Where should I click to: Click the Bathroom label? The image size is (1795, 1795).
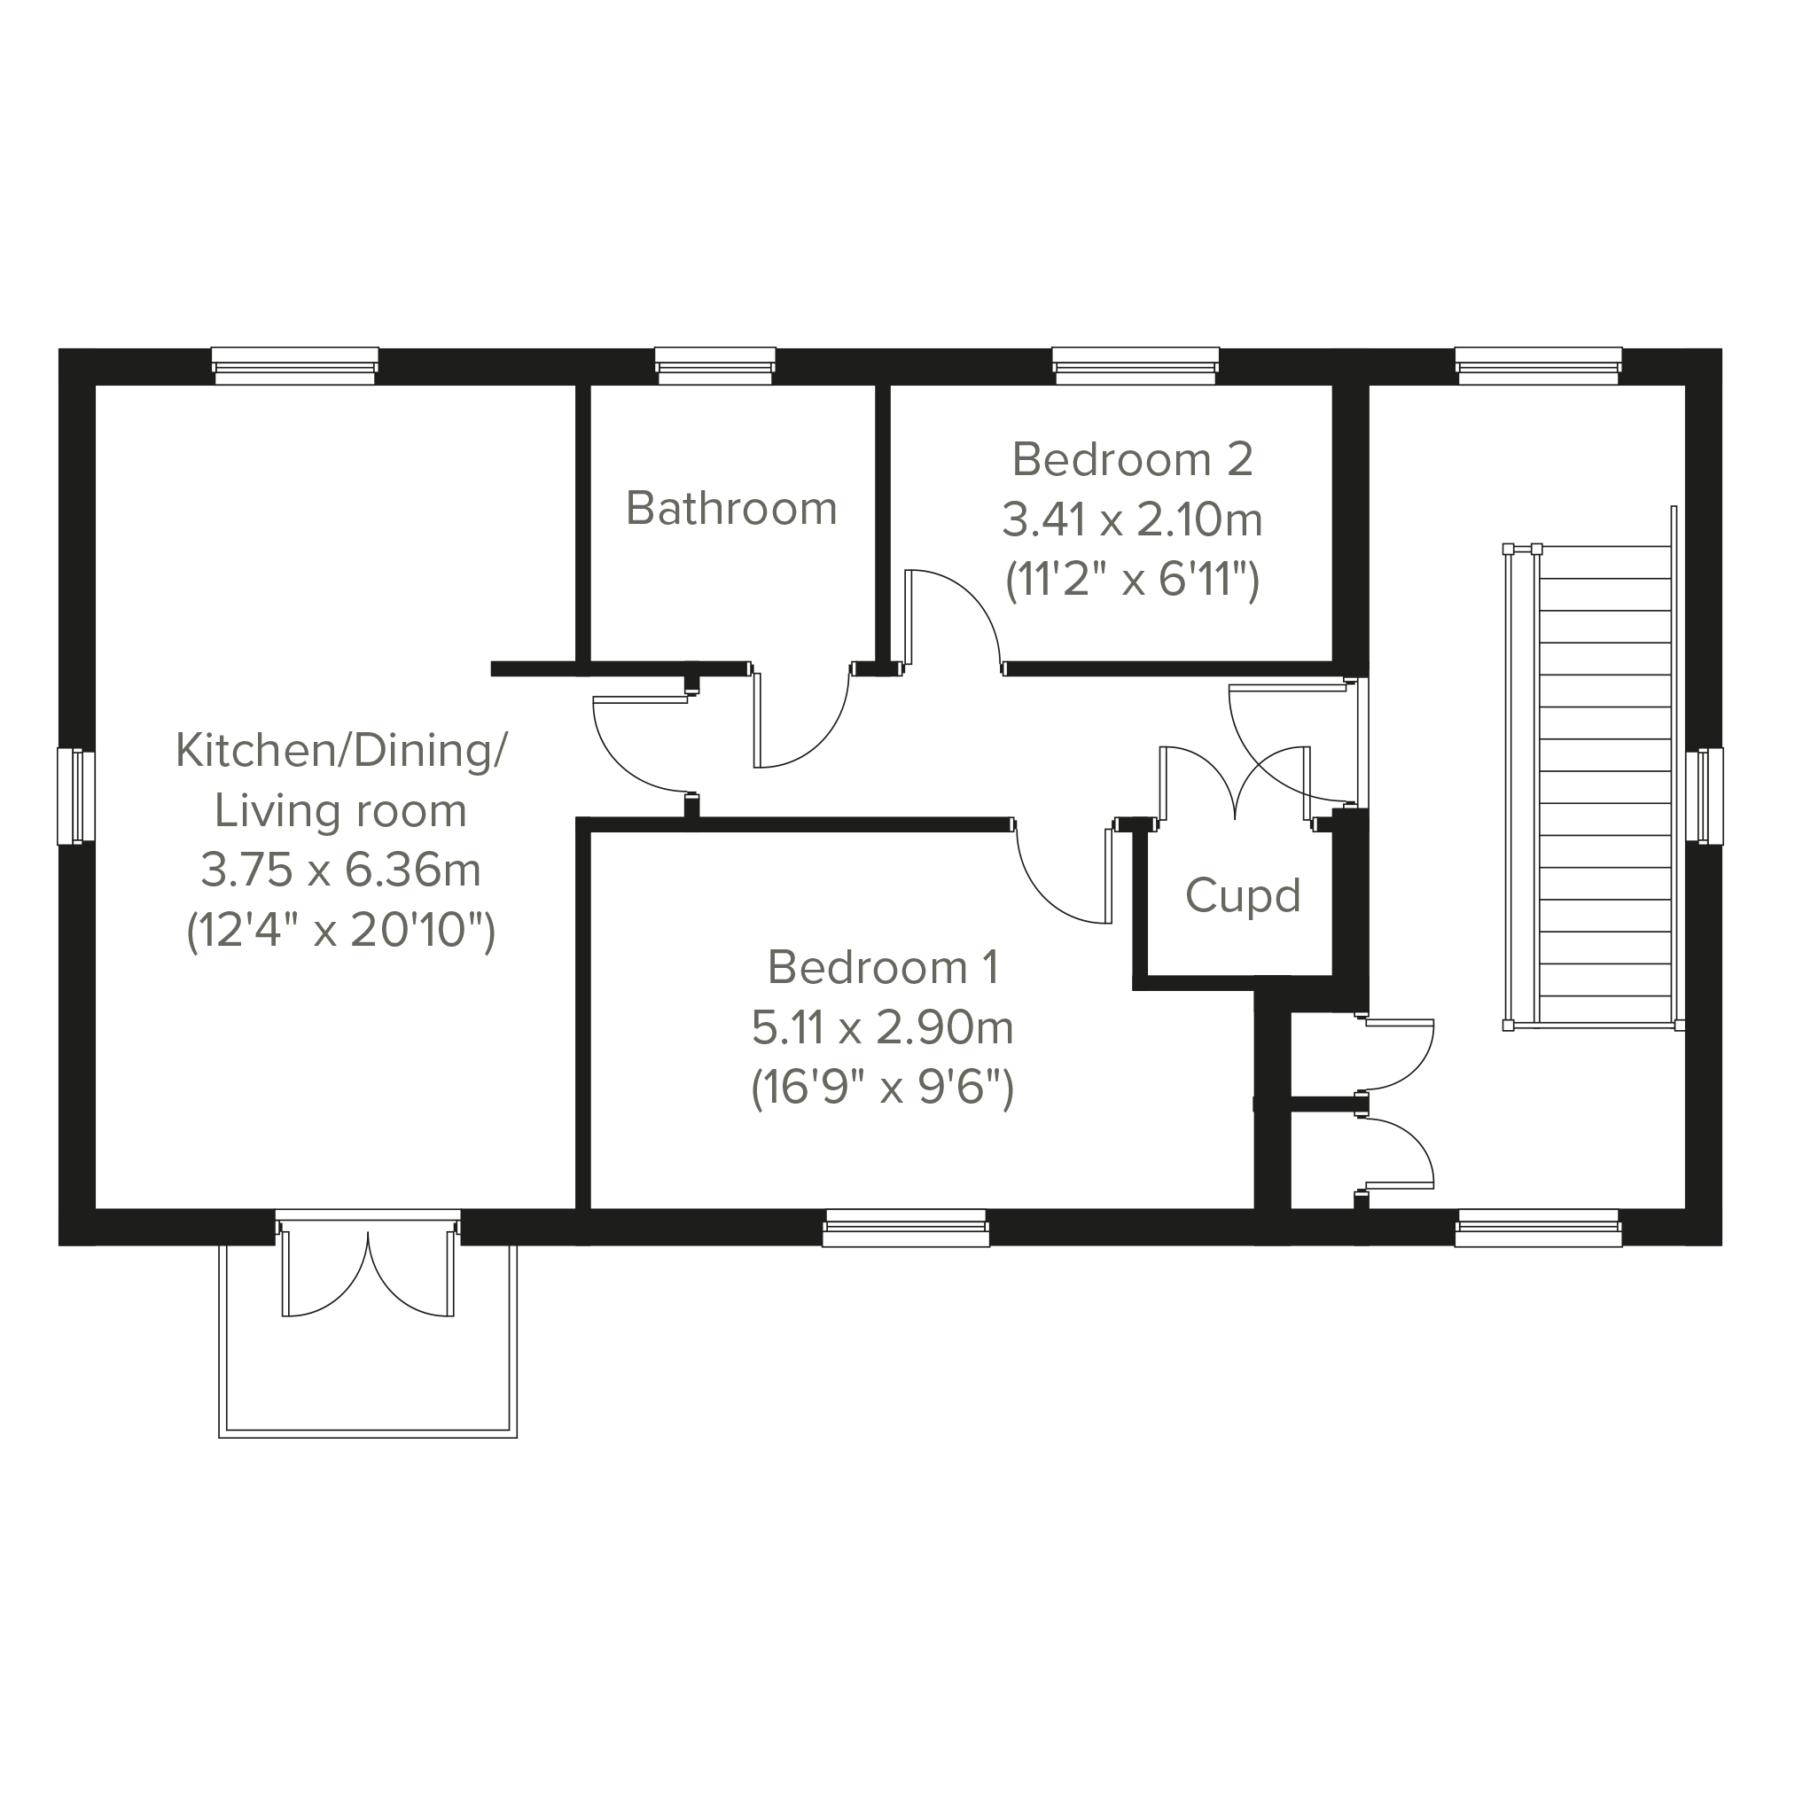(x=731, y=508)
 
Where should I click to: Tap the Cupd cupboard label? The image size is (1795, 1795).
(x=1242, y=895)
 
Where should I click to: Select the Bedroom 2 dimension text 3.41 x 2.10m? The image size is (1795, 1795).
(x=1133, y=519)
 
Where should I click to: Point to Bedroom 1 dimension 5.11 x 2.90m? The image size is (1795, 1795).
(x=882, y=1027)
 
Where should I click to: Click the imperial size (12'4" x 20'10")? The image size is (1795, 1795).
(x=341, y=930)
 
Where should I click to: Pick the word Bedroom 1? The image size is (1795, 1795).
(x=883, y=967)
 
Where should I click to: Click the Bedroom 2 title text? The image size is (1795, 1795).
(x=1133, y=459)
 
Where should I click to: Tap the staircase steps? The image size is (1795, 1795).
(x=1606, y=786)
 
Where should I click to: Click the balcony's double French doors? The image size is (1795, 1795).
(x=369, y=1272)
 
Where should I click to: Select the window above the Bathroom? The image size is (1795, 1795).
(x=715, y=365)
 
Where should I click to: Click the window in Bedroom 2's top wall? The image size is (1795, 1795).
(x=1136, y=365)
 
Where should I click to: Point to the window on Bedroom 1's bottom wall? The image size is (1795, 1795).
(x=906, y=1229)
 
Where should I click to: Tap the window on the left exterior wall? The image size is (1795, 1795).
(x=76, y=796)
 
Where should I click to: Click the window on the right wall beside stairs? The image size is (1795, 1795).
(x=1704, y=796)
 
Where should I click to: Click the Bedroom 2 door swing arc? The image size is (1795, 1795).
(x=972, y=597)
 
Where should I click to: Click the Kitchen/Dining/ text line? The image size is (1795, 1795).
(x=341, y=752)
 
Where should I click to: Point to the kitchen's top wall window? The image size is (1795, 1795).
(x=295, y=365)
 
